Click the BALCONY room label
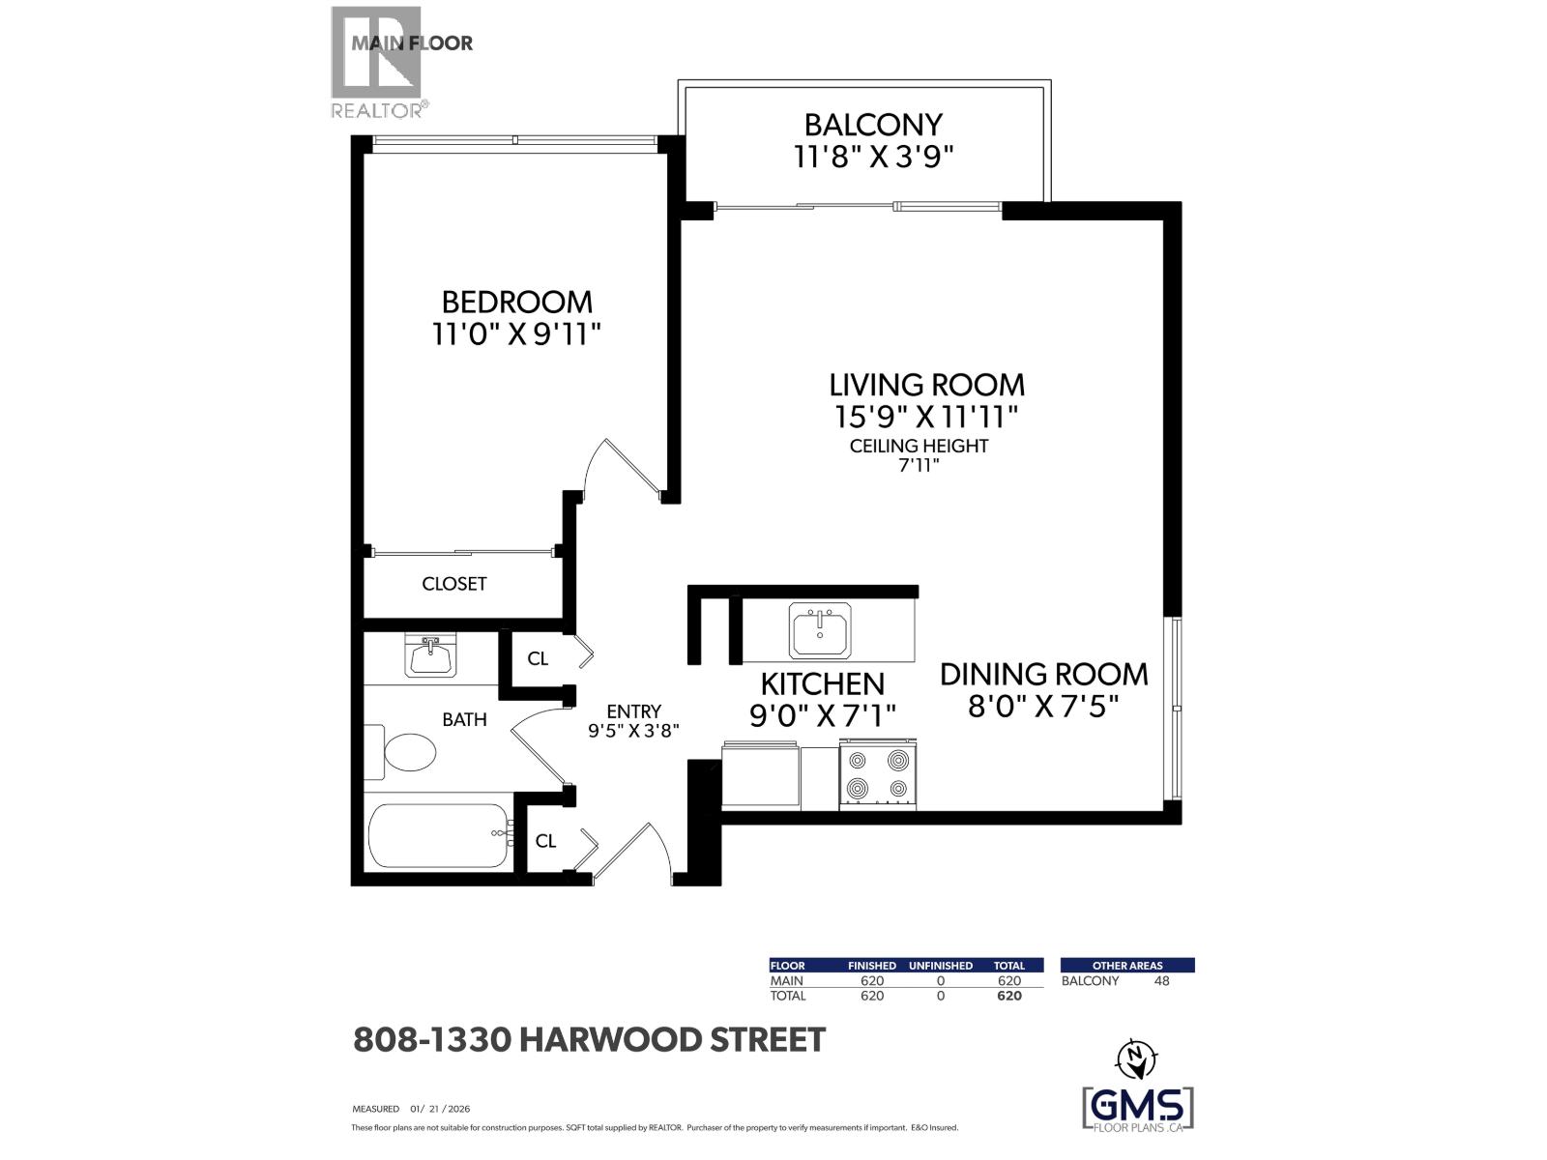click(873, 125)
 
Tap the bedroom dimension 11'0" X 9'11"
click(516, 334)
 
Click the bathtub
click(439, 835)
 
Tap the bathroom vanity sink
click(430, 657)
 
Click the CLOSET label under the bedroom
click(453, 584)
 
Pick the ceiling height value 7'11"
click(919, 465)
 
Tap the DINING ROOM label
click(1043, 674)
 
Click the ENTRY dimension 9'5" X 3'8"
click(634, 732)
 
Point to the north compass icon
click(1136, 1058)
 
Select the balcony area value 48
click(1161, 980)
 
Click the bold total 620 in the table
click(1008, 996)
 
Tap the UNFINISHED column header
click(940, 965)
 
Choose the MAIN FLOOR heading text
click(412, 43)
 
